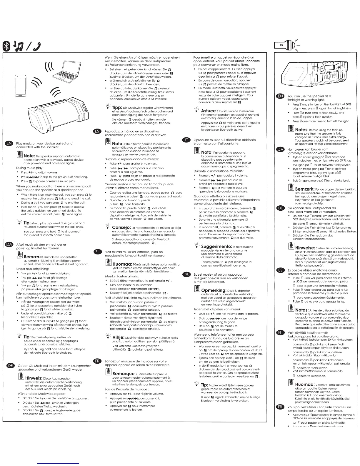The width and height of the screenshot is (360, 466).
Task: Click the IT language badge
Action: (x=186, y=140)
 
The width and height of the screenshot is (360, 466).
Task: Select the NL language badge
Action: (x=186, y=274)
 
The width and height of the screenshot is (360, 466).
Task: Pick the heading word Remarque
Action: (x=124, y=374)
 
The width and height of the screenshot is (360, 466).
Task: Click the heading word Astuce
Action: (x=209, y=111)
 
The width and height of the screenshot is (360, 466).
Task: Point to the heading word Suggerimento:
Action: (x=216, y=246)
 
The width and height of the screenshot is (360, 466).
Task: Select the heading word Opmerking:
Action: (x=214, y=290)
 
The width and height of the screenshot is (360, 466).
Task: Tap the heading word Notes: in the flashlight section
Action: (x=301, y=130)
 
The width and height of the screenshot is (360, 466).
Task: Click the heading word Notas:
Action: (x=302, y=310)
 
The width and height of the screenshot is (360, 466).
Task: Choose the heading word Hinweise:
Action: (x=306, y=248)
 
